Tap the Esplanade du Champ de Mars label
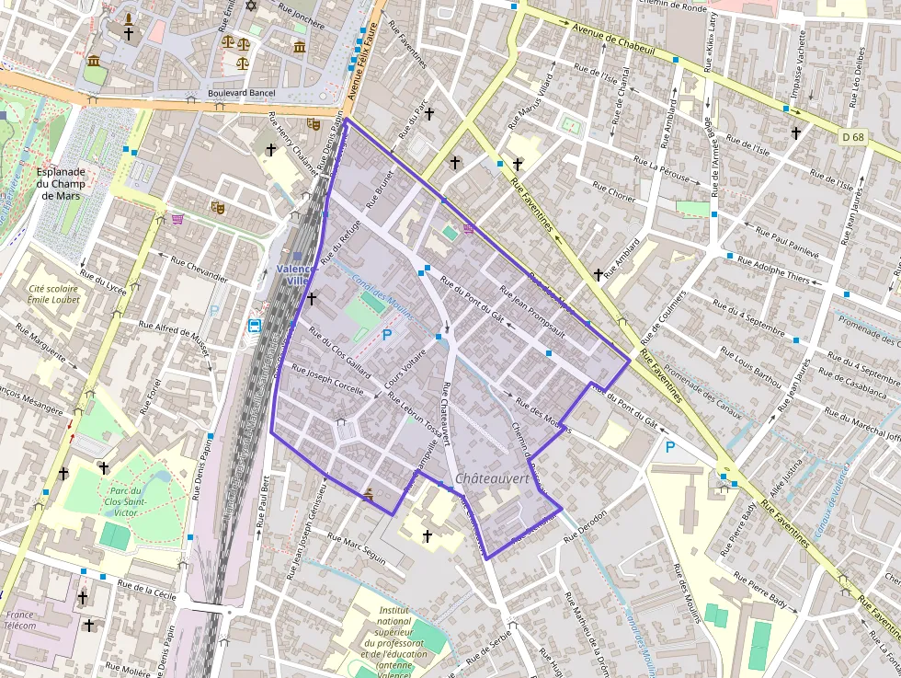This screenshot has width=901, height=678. click(x=62, y=183)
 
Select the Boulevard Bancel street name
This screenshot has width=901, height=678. click(x=242, y=93)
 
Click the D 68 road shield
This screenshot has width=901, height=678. click(x=853, y=138)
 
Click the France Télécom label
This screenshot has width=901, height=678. click(x=20, y=620)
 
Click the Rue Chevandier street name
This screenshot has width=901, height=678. click(x=199, y=268)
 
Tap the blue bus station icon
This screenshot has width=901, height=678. click(x=253, y=325)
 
